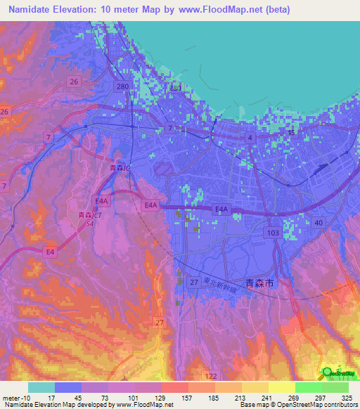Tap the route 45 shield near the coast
(292, 131)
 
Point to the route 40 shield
(319, 223)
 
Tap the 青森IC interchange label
(119, 168)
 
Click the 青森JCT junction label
(89, 215)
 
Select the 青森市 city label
(260, 283)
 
